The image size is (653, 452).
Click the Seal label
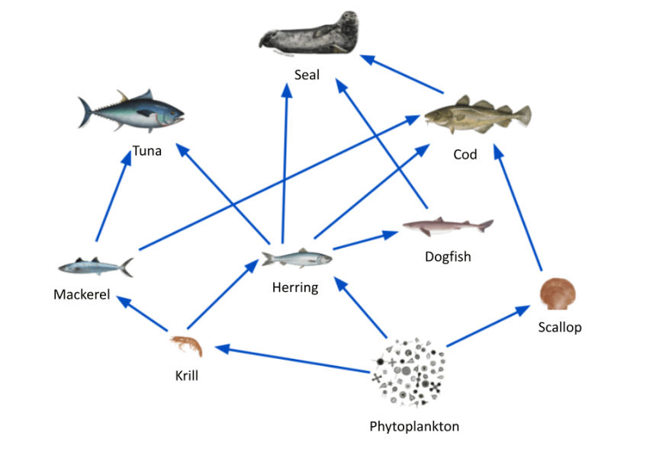[x=307, y=75]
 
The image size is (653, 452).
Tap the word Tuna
[x=147, y=151]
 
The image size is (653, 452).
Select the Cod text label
[x=465, y=155]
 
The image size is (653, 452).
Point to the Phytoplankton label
[x=414, y=426]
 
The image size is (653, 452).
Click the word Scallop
[x=559, y=327]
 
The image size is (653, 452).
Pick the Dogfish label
[x=448, y=257]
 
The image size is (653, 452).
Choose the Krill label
[x=186, y=375]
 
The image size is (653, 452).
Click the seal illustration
[x=309, y=35]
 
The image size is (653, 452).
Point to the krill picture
[x=187, y=346]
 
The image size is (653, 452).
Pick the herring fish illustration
[x=296, y=258]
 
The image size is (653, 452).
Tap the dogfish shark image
[x=447, y=226]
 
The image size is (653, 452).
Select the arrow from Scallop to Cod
[x=519, y=210]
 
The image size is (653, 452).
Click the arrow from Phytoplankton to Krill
[x=294, y=360]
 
